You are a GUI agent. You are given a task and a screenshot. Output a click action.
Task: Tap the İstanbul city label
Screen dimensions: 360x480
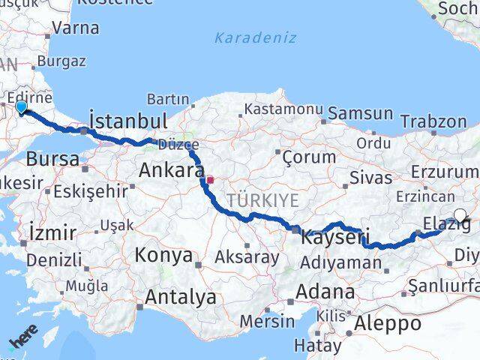tap(127, 121)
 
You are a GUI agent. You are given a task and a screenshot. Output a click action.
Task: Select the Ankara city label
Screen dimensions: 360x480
tap(171, 171)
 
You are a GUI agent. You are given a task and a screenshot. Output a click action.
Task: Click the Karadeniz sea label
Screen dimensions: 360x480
tap(255, 37)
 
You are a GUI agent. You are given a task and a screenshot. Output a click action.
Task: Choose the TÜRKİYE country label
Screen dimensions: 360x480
tap(263, 199)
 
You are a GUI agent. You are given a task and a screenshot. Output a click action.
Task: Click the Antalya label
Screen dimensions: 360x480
tap(180, 297)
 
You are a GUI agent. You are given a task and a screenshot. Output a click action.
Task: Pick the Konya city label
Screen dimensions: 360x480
tap(163, 255)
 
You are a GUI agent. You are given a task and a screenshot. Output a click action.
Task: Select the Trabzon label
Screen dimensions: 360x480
tap(433, 121)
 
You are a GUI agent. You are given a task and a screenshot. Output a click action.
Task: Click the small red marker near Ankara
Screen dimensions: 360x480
tap(211, 180)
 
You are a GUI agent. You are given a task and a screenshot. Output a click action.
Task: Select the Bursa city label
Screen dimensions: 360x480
tap(52, 159)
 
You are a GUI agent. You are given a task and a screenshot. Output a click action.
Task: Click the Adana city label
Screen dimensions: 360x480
tap(325, 292)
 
